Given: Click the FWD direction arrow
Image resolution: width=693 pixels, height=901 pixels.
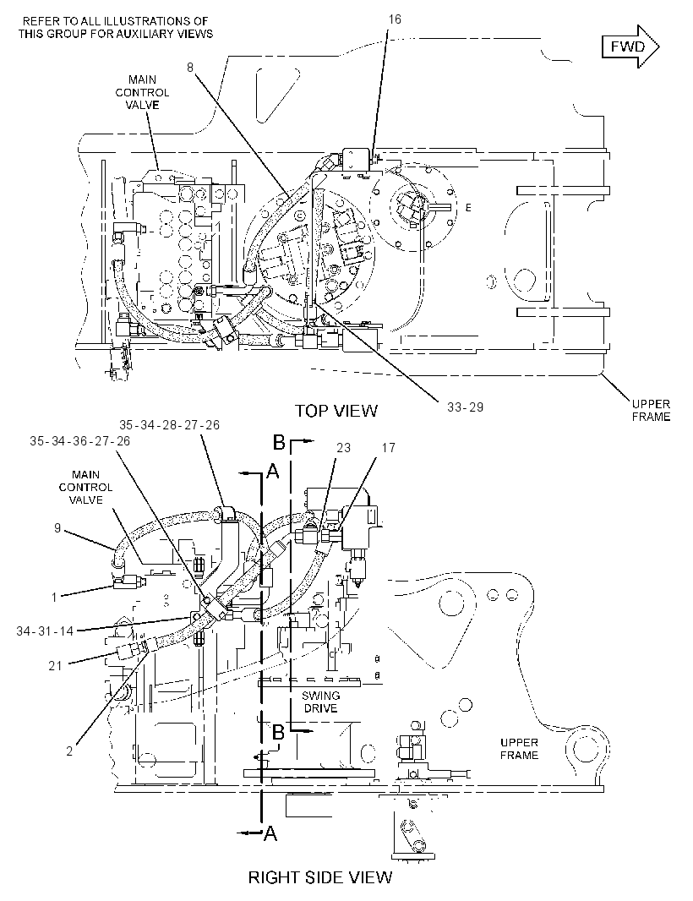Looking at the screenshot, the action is pyautogui.click(x=630, y=46).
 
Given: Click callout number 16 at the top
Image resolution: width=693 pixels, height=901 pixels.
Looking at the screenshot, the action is pyautogui.click(x=394, y=19).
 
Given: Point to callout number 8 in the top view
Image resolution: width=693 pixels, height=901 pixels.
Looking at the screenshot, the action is pyautogui.click(x=190, y=68).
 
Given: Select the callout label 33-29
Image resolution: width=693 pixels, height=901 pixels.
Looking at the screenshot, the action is pyautogui.click(x=465, y=407).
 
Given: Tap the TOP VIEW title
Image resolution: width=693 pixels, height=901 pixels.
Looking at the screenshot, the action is pyautogui.click(x=336, y=410).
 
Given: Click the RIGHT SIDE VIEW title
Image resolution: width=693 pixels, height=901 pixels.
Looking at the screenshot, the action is pyautogui.click(x=320, y=877).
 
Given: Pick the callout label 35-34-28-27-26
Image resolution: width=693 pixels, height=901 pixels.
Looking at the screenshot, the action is pyautogui.click(x=170, y=424).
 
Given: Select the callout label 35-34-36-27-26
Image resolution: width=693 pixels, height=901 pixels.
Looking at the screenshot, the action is pyautogui.click(x=80, y=440).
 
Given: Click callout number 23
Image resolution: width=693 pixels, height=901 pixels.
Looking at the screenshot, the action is pyautogui.click(x=344, y=448).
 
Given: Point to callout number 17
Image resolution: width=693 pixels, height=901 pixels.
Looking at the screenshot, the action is pyautogui.click(x=389, y=448).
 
